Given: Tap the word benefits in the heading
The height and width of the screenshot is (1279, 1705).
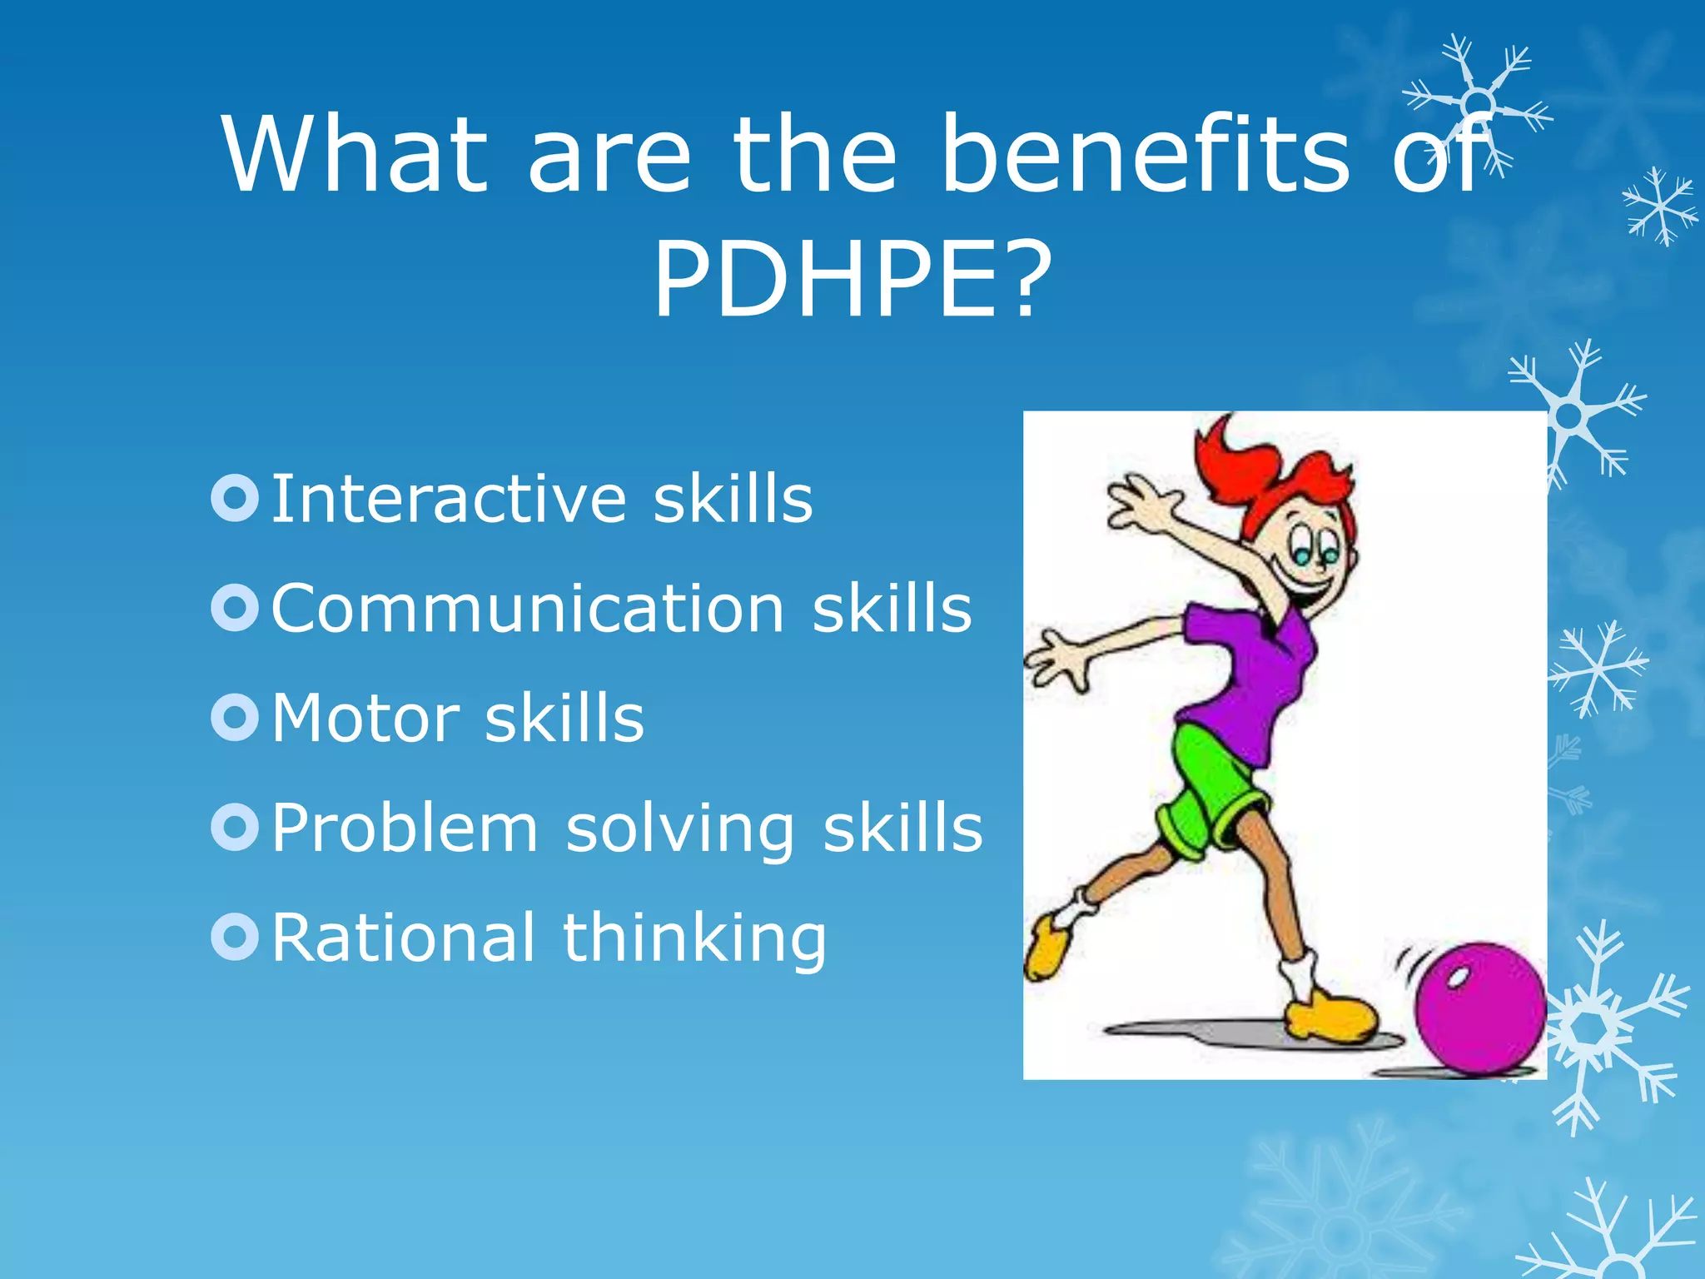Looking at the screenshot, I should click(x=1145, y=155).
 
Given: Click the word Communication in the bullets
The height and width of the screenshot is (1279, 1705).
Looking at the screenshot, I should click(x=528, y=609).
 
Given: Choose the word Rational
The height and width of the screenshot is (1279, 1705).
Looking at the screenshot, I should click(x=403, y=938).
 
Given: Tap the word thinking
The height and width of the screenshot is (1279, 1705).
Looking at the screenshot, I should click(x=694, y=939).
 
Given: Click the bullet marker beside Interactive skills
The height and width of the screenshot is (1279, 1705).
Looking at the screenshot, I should click(x=236, y=498).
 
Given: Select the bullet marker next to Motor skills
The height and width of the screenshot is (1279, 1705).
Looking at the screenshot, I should click(x=236, y=717).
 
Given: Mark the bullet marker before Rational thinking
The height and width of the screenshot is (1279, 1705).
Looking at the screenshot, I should click(x=236, y=937).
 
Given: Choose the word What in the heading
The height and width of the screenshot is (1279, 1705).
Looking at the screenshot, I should click(x=354, y=155).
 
